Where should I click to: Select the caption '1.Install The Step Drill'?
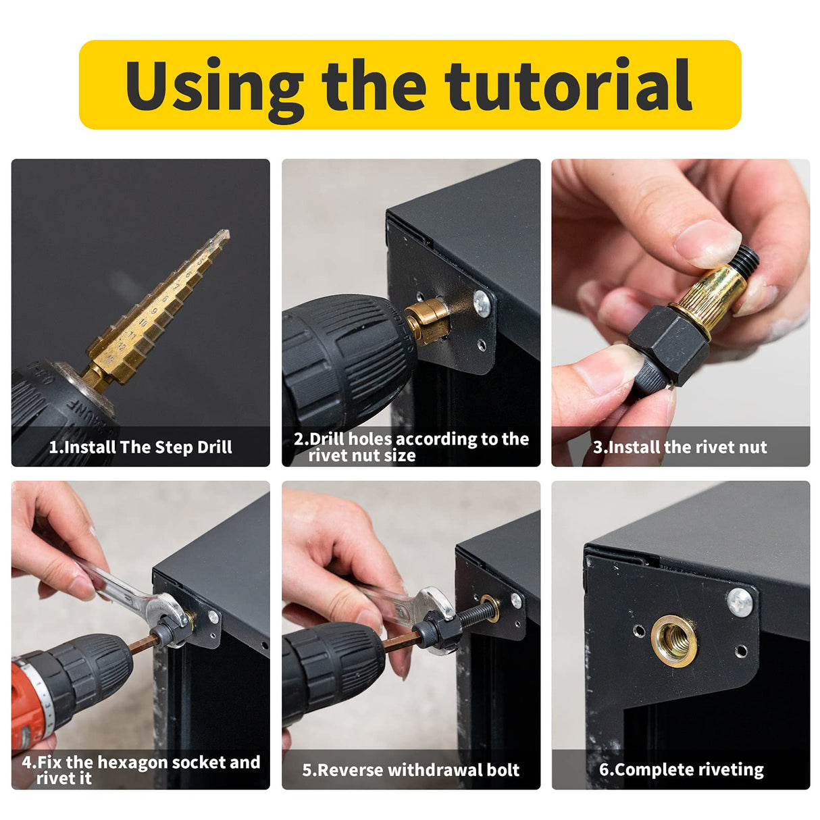[140, 447]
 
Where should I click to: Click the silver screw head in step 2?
[482, 301]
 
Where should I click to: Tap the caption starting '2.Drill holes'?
[411, 446]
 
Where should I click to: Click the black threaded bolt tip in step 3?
[746, 257]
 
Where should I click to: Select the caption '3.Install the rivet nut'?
[680, 447]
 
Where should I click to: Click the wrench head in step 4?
[169, 611]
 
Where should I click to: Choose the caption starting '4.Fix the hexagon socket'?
[140, 770]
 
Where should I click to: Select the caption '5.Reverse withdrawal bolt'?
[411, 770]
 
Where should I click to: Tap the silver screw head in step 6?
[740, 601]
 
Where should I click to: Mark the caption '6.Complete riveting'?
[681, 770]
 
